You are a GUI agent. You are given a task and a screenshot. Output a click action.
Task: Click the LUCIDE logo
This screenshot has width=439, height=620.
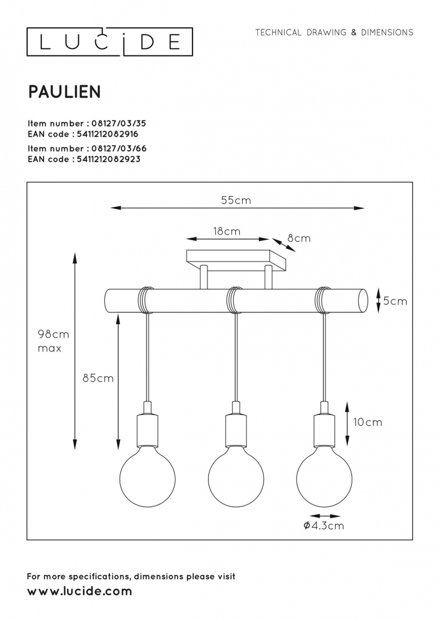pos(110,42)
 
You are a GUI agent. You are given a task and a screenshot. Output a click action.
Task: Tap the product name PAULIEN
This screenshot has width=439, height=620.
pos(65,92)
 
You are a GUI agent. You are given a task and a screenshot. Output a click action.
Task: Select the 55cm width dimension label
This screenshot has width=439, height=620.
pos(236,200)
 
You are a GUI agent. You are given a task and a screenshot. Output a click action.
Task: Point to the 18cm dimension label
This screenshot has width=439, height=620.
pos(227,231)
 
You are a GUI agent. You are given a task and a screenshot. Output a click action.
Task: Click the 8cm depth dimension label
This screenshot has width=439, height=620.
pos(299,238)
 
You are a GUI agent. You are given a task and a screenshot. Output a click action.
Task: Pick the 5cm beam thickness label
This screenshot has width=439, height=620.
pos(395,301)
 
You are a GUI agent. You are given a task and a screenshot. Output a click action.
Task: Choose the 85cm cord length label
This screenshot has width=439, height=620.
pos(98,378)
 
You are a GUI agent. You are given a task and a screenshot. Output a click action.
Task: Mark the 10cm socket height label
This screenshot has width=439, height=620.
pos(368,422)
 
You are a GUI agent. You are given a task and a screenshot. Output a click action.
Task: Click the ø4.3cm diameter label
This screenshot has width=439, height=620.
pos(323,526)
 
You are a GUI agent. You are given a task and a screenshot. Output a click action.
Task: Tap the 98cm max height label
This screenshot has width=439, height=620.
pos(53,341)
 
